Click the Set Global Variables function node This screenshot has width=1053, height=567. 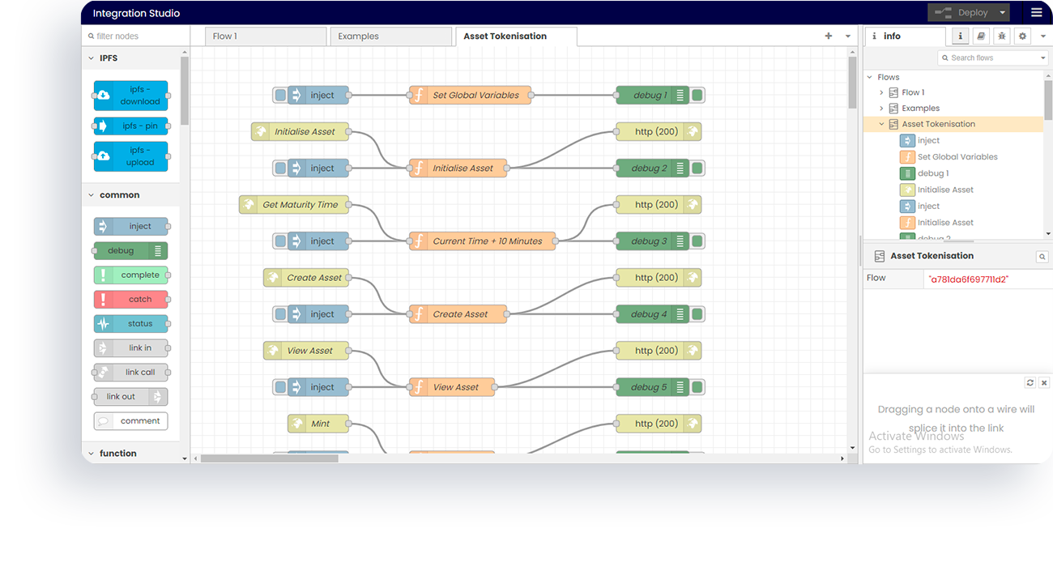[x=470, y=96]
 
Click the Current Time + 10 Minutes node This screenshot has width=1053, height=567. [x=483, y=241]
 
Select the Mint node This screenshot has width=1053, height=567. [x=319, y=424]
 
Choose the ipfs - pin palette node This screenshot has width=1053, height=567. [x=131, y=126]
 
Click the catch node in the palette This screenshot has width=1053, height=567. [x=131, y=300]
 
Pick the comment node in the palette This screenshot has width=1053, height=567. [x=131, y=421]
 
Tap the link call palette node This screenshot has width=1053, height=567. [x=131, y=373]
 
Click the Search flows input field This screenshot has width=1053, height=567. [x=988, y=58]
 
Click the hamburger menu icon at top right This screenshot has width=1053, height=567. [x=1036, y=13]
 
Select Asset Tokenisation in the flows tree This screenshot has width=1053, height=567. [x=938, y=125]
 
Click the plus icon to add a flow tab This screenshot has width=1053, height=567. [x=828, y=36]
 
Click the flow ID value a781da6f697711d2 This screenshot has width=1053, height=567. [x=969, y=279]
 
